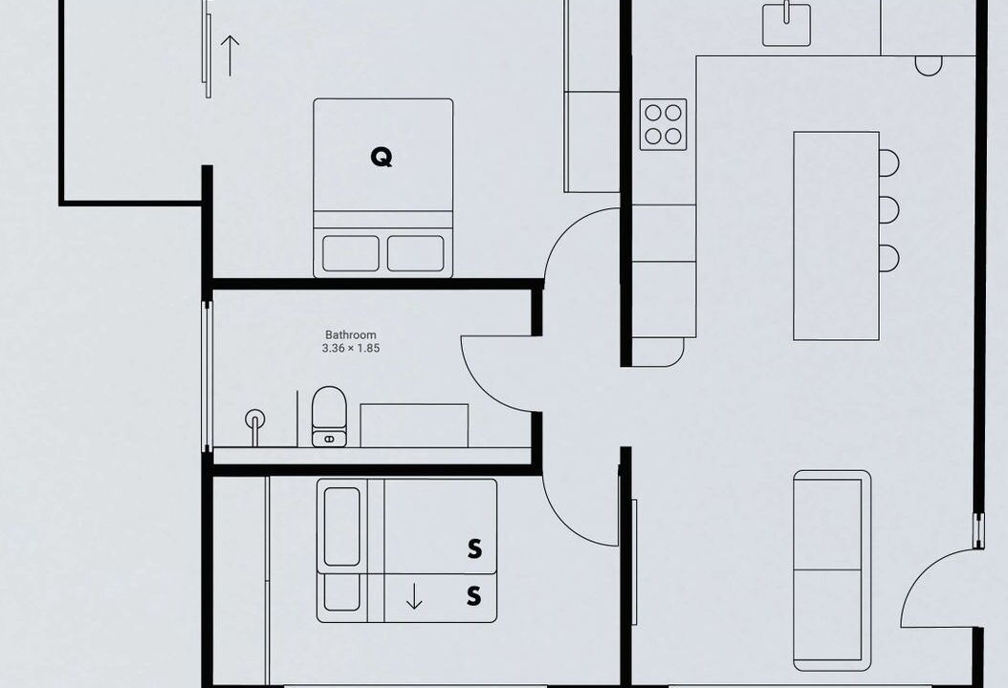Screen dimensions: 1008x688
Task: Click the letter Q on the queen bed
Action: point(382,157)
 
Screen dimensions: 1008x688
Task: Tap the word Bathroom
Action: point(350,334)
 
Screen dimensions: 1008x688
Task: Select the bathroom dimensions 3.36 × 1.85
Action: point(350,349)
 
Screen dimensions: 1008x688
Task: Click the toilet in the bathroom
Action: point(329,417)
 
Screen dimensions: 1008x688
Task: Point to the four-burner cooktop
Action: point(663,124)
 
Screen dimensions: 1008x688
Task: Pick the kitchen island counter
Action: point(837,236)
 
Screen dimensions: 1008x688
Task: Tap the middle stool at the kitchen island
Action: point(889,210)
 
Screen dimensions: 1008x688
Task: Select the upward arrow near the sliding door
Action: point(230,55)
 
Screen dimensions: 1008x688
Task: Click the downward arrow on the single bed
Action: point(415,596)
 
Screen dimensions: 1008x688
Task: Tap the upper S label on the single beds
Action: point(474,548)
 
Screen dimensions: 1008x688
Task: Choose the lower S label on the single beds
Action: point(473,596)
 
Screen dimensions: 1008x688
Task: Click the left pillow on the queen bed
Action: point(351,253)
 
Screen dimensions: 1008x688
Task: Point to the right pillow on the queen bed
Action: point(415,253)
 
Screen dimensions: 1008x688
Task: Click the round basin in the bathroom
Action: point(255,419)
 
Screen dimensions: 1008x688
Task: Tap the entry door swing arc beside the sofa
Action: point(918,573)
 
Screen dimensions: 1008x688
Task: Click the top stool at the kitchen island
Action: point(889,162)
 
